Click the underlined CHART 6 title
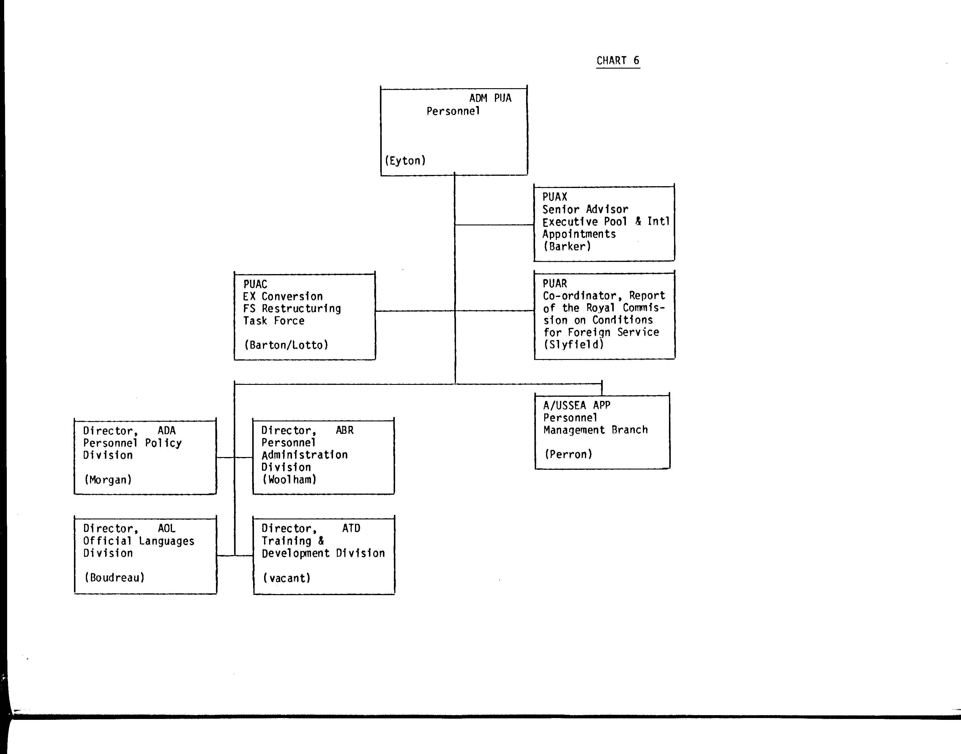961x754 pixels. [618, 61]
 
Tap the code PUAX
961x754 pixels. [555, 197]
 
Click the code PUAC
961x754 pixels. [255, 284]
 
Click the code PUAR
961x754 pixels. [555, 283]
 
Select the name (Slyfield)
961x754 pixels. [574, 344]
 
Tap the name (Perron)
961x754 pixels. [568, 454]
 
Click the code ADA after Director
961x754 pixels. [166, 430]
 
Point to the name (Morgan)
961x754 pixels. [108, 480]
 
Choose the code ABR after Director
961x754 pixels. [345, 430]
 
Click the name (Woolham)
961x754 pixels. [290, 479]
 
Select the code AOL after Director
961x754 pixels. [166, 528]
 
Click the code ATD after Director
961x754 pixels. [351, 528]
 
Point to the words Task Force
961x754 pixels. [274, 321]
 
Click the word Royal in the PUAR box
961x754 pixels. [601, 308]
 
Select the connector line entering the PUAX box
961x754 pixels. [495, 225]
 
